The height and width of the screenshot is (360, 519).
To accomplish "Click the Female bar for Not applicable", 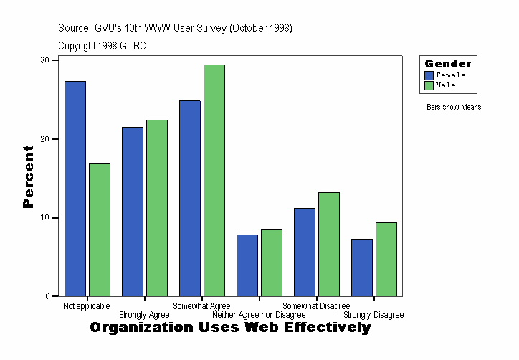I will point(75,189).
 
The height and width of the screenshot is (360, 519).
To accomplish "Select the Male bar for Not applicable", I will point(100,229).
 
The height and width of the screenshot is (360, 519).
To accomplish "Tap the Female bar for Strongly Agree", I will point(133,212).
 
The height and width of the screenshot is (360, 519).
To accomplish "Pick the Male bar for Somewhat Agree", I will point(214,180).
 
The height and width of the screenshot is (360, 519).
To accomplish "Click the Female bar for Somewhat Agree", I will point(190,198).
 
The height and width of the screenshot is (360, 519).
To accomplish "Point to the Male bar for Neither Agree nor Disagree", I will point(272,262).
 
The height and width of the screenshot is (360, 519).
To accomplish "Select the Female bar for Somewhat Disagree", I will point(305,252).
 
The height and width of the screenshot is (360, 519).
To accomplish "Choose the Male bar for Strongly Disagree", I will point(386,259).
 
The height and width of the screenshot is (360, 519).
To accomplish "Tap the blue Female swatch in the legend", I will point(429,75).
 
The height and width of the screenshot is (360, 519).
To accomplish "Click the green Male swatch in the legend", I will point(429,85).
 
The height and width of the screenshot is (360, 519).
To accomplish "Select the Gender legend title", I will point(448,64).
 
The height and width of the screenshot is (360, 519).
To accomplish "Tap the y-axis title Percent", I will point(29,176).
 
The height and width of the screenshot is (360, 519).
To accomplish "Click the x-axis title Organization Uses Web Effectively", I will point(230,328).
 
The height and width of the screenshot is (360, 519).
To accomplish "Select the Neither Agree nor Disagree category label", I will point(259,315).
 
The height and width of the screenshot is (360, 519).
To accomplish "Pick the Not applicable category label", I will point(87,306).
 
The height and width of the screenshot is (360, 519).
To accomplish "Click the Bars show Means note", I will point(454,108).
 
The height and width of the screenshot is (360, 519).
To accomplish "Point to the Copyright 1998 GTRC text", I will point(103,45).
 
